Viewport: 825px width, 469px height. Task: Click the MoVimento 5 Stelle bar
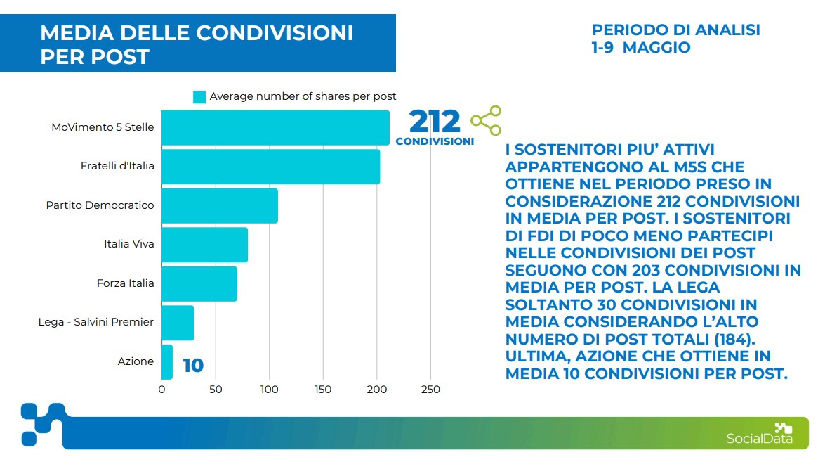coord(275,128)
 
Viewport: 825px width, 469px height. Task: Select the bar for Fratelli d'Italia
coord(270,167)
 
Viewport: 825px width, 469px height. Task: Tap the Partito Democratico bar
coord(220,205)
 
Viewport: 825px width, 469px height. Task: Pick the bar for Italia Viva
coord(204,245)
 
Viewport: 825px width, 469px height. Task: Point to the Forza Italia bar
coord(199,283)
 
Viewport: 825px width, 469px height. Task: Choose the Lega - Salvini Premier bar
coord(178,323)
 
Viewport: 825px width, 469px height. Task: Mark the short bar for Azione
coord(167,361)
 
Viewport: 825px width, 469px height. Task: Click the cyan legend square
coord(199,97)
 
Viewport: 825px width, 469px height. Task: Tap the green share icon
coord(486,120)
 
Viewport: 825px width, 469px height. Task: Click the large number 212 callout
coord(435,122)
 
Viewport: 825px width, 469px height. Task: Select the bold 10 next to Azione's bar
coord(193,366)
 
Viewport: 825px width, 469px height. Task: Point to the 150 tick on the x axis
coord(323,390)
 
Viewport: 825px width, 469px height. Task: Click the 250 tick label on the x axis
coord(430,390)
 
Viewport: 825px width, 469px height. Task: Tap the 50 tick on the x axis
coord(216,390)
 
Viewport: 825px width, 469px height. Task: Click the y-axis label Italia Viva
coord(128,244)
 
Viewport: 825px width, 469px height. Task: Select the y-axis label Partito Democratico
coord(100,205)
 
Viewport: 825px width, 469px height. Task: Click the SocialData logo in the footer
coord(760,434)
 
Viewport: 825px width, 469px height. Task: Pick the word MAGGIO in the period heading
coord(656,48)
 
